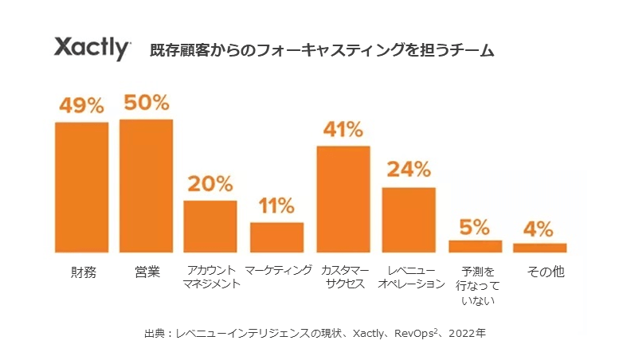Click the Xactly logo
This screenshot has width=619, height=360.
tap(92, 48)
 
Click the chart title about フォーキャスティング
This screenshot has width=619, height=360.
tap(322, 50)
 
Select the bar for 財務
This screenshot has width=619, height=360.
tap(81, 187)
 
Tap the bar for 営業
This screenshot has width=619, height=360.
tap(146, 186)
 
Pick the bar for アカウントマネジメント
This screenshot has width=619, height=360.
tap(210, 226)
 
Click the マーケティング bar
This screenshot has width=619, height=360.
tap(276, 237)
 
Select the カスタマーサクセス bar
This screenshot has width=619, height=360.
tap(343, 199)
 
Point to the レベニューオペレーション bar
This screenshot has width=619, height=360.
tap(409, 220)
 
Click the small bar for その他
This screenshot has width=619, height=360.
tap(540, 248)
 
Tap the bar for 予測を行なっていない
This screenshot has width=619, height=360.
tap(475, 246)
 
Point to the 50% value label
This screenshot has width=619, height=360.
tap(146, 103)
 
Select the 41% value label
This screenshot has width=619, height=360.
tap(343, 129)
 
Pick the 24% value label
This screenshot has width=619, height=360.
tap(409, 170)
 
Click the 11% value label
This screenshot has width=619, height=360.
tap(276, 205)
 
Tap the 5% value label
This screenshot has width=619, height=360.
tap(475, 226)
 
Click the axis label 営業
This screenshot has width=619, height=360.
tap(147, 272)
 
